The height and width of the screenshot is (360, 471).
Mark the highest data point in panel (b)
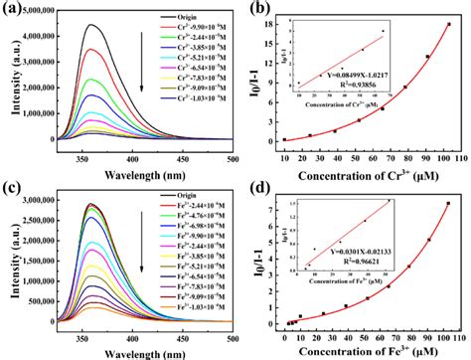click(448, 24)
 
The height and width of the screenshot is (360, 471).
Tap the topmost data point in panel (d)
click(447, 204)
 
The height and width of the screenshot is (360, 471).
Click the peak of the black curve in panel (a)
click(90, 26)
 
